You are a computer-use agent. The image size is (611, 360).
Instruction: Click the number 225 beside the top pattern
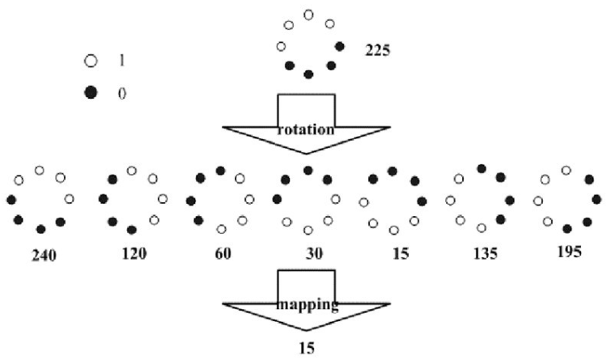point(378,50)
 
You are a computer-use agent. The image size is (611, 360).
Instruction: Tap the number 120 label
point(134,254)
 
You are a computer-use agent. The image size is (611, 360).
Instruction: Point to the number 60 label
point(223,254)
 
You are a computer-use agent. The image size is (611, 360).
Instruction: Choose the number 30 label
point(314,254)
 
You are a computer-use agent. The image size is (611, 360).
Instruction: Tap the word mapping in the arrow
point(306,306)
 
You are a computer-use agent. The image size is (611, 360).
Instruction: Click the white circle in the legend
point(91,61)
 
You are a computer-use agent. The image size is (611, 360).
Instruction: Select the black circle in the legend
point(91,93)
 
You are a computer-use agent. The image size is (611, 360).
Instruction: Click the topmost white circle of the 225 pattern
point(308,15)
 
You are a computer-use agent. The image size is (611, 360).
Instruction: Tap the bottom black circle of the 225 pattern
point(308,74)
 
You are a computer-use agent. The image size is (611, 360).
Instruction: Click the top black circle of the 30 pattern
point(308,170)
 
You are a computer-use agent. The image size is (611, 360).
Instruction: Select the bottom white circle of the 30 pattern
point(308,230)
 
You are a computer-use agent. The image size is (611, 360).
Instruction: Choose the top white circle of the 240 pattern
point(39,170)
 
